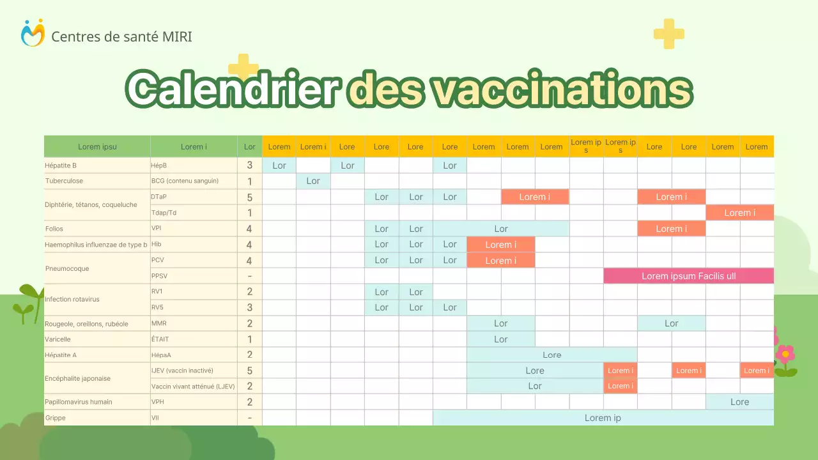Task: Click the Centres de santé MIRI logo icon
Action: click(x=33, y=33)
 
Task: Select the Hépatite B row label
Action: click(x=61, y=165)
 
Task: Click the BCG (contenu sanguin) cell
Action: click(x=185, y=181)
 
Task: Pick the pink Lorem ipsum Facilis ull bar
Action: click(x=688, y=276)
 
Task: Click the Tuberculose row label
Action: click(x=64, y=181)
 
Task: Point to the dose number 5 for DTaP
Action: click(x=249, y=197)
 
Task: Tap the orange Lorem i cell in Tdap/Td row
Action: click(x=739, y=213)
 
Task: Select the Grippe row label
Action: click(x=56, y=418)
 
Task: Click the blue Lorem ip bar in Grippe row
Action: click(x=603, y=418)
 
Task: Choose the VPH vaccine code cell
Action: click(x=158, y=402)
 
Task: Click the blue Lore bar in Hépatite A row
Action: click(x=552, y=355)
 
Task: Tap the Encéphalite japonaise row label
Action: click(x=77, y=378)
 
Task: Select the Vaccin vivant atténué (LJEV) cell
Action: click(x=193, y=386)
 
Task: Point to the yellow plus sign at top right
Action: click(x=668, y=34)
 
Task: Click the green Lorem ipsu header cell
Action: click(x=97, y=146)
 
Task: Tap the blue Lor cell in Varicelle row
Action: click(x=500, y=339)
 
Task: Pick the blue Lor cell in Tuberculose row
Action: click(x=313, y=181)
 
